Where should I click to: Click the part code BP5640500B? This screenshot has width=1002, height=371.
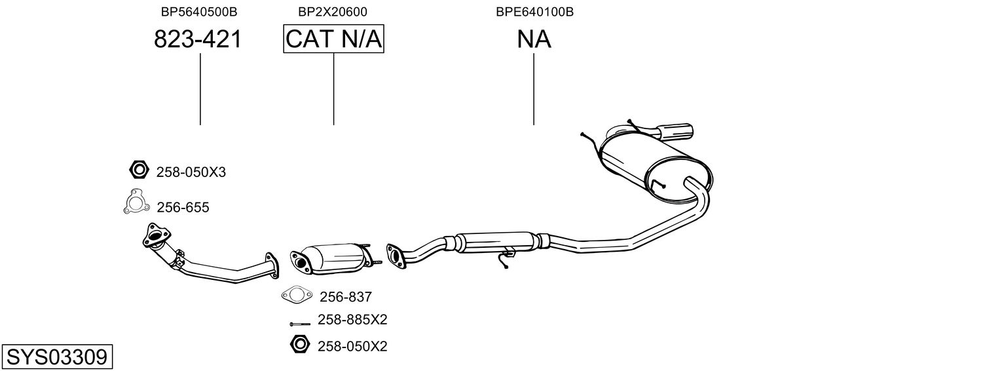[x=199, y=12]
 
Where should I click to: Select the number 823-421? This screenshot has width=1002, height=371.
[x=198, y=39]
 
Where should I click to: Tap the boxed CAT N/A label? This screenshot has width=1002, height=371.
[x=334, y=39]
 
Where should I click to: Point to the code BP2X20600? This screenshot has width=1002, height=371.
[x=333, y=12]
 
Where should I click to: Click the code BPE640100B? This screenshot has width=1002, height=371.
[x=534, y=12]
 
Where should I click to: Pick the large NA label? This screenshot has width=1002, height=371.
[x=534, y=39]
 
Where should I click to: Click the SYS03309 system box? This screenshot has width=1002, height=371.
[x=57, y=357]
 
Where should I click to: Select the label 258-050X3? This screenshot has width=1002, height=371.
[x=191, y=172]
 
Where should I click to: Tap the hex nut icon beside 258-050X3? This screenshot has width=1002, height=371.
[x=139, y=170]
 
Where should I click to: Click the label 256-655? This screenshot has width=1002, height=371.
[x=183, y=208]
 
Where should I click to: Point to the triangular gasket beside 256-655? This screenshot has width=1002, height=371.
[x=136, y=203]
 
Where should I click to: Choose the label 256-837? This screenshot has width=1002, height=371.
[x=346, y=297]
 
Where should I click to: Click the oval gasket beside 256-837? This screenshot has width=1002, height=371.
[x=297, y=295]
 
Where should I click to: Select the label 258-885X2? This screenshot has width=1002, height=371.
[x=352, y=319]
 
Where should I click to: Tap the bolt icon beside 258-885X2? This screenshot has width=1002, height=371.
[x=300, y=324]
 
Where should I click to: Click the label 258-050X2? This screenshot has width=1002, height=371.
[x=352, y=346]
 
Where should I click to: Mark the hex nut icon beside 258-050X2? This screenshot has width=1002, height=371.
[x=300, y=344]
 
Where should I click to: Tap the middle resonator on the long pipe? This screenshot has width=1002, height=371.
[x=496, y=242]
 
